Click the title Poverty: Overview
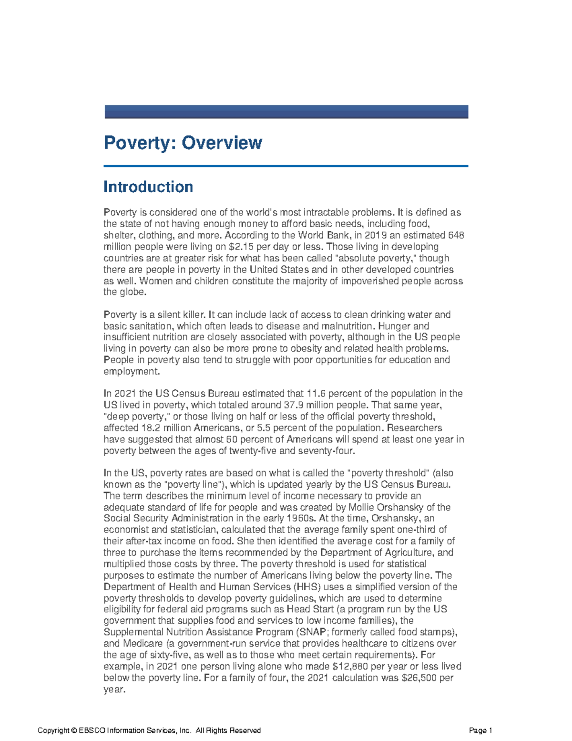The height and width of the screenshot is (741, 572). coord(183,143)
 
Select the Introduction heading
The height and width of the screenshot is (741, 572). coord(148,187)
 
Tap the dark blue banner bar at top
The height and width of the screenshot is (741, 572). coord(286,112)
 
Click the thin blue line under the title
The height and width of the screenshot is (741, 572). coord(286,166)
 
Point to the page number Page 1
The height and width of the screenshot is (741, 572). coord(480,731)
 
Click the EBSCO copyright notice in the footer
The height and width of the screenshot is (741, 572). coord(149,731)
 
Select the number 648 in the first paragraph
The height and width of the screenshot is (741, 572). coord(456,235)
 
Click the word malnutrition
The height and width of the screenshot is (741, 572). coord(347,326)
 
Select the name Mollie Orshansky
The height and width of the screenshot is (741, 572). coord(386,507)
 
